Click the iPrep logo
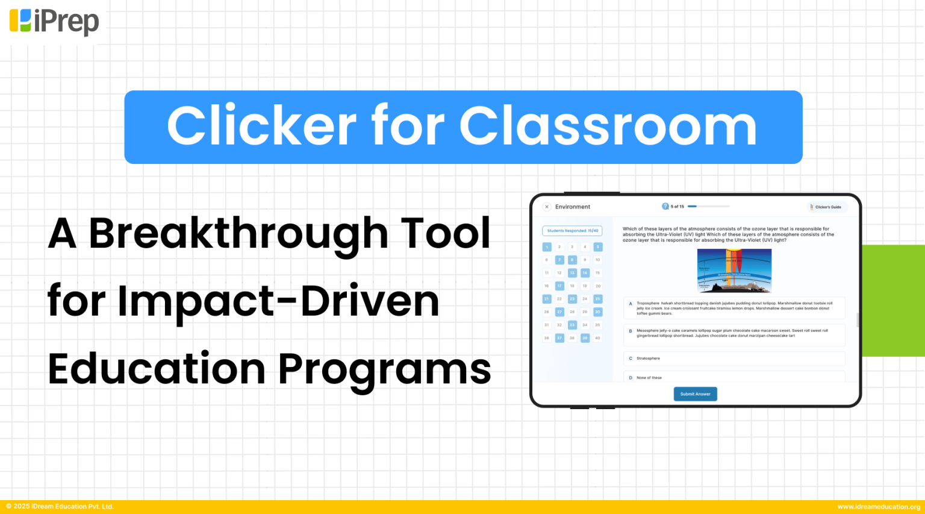tap(54, 22)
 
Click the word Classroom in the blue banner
tap(608, 127)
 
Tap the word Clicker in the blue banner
tap(261, 127)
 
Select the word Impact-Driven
tap(278, 301)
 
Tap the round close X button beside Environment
tap(547, 207)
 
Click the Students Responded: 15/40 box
tap(572, 231)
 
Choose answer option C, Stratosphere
tap(733, 359)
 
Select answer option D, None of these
tap(733, 377)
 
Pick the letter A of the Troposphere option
tap(631, 304)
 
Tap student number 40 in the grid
tap(597, 338)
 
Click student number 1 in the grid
tap(547, 247)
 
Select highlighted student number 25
tap(597, 299)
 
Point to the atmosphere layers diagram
tap(733, 271)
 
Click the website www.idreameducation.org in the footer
tap(879, 507)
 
